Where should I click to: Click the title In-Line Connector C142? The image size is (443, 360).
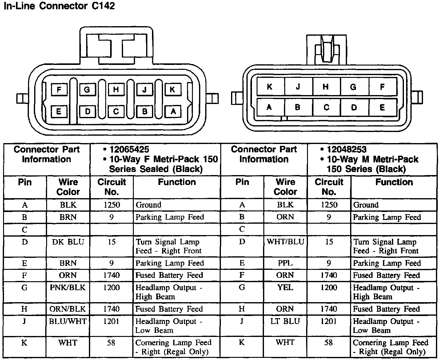click(x=59, y=6)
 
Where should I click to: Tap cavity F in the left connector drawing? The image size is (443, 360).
click(x=59, y=90)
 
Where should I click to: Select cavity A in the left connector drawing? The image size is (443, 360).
click(x=173, y=111)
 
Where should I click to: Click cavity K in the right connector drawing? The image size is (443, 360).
click(x=270, y=87)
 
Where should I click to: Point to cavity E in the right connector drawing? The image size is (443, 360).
click(x=382, y=107)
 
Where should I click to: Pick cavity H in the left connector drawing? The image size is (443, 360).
click(x=116, y=90)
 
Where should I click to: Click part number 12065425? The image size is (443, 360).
click(x=129, y=150)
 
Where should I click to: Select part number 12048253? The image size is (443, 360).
click(x=347, y=150)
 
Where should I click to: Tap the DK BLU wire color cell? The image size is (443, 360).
click(x=68, y=242)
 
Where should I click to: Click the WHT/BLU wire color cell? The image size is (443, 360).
click(x=285, y=242)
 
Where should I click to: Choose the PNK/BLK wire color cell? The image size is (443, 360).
click(x=68, y=288)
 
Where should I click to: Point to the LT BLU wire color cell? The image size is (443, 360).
click(x=285, y=321)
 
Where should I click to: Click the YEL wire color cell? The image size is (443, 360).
click(x=285, y=288)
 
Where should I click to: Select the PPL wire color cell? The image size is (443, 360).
click(x=285, y=263)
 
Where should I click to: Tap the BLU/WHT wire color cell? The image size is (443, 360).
click(x=68, y=321)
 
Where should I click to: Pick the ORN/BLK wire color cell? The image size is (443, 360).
click(x=68, y=309)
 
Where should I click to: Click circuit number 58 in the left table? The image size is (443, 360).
click(x=111, y=342)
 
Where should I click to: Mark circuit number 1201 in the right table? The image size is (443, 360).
click(x=329, y=321)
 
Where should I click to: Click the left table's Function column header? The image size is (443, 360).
click(x=177, y=182)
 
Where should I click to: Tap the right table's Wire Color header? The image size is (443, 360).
click(x=285, y=187)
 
